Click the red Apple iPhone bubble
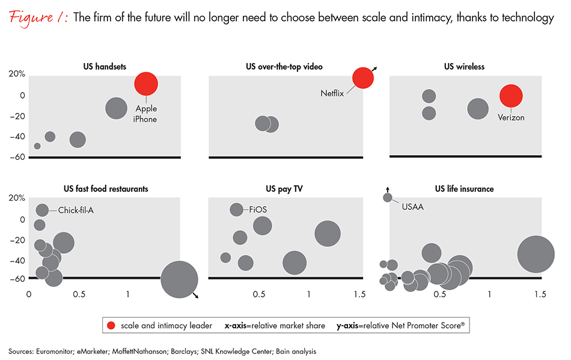tap(146, 84)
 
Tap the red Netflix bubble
tap(363, 78)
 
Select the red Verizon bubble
tap(511, 96)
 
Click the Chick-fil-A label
tap(81, 210)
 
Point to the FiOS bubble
tap(236, 210)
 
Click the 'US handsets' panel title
tap(105, 66)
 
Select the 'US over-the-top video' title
tap(284, 66)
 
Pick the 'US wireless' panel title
tap(464, 66)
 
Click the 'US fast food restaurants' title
tap(106, 189)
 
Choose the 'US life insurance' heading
tap(464, 189)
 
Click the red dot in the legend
tap(111, 326)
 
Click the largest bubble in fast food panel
tap(179, 279)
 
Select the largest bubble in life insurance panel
tap(536, 254)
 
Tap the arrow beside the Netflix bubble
tap(375, 70)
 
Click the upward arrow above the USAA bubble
tap(388, 188)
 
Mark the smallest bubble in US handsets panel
tap(37, 146)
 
